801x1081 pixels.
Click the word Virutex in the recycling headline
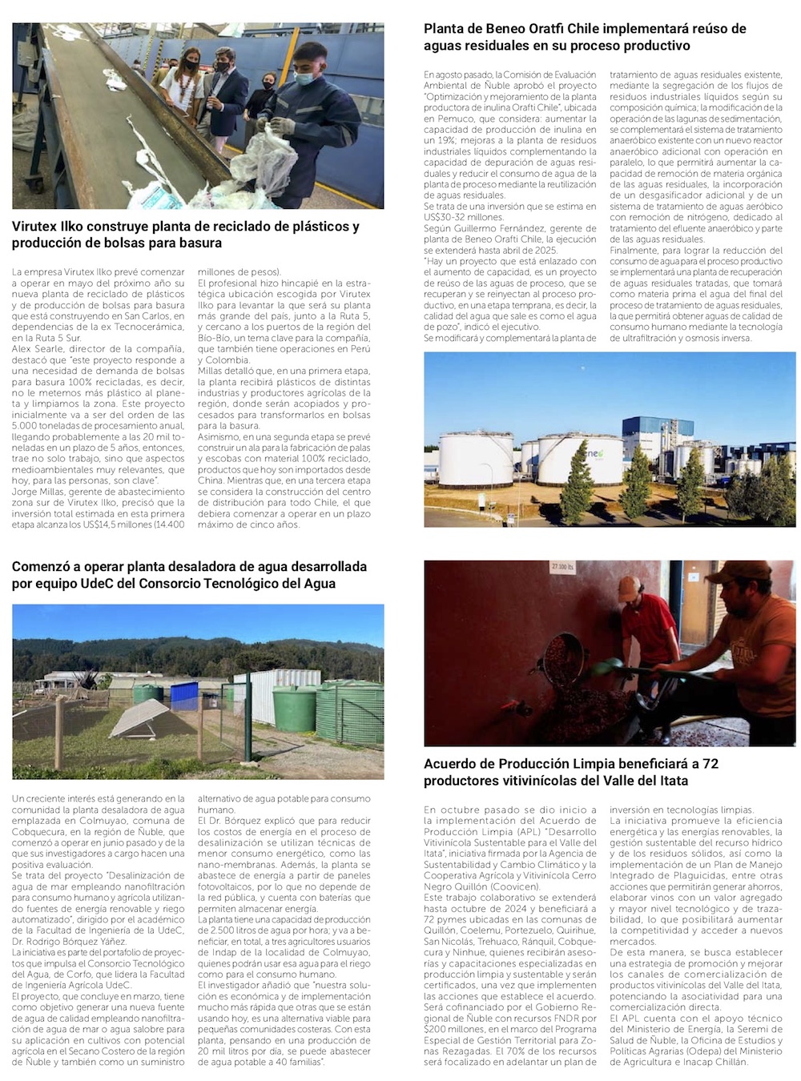tap(37, 227)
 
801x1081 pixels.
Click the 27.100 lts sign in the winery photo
tap(562, 567)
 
